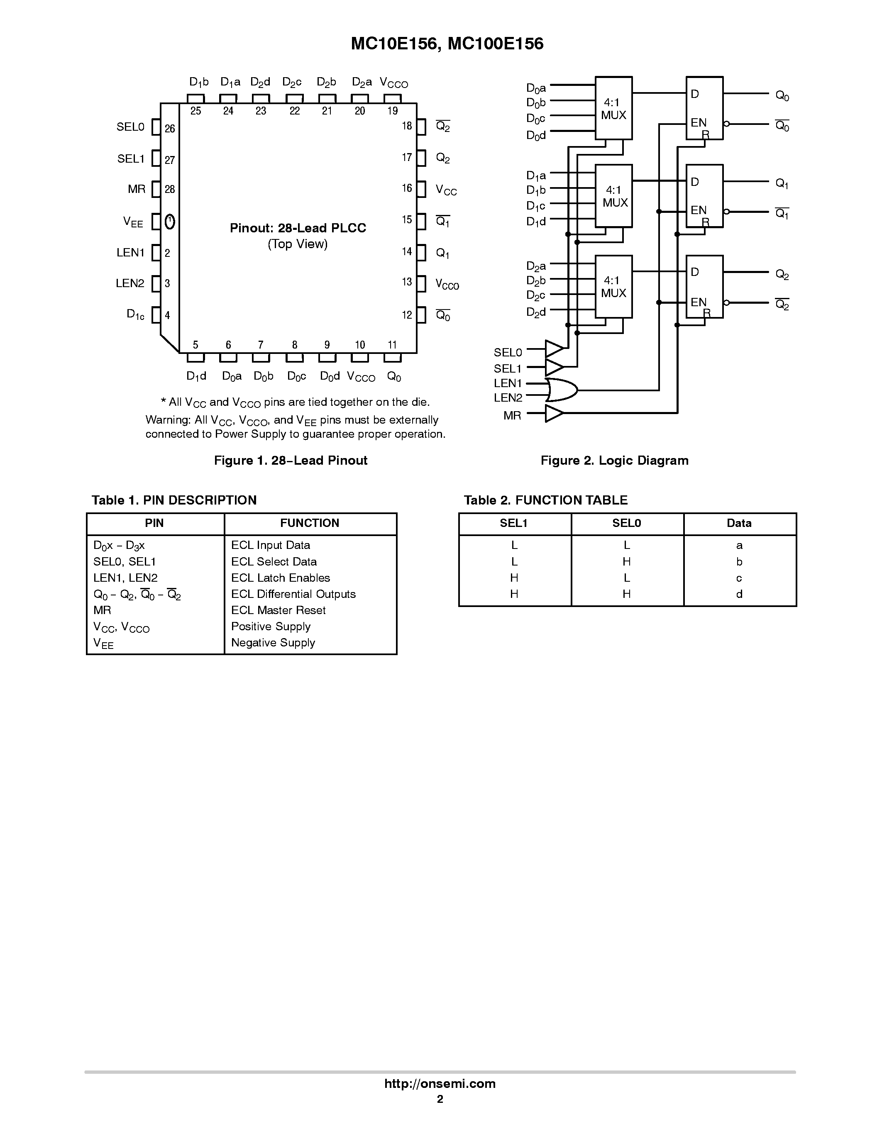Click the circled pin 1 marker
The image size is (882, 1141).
tap(170, 222)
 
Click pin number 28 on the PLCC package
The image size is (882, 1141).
tap(170, 190)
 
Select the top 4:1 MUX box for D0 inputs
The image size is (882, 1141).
tap(613, 108)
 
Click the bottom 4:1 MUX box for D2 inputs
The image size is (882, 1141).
tap(613, 286)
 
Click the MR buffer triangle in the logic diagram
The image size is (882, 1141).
tap(554, 414)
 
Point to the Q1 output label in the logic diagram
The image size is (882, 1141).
tap(782, 183)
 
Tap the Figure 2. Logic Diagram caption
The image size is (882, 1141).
tap(614, 460)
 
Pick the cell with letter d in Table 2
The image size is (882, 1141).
tap(739, 594)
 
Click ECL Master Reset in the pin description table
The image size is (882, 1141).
tap(278, 610)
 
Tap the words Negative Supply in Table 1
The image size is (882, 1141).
tap(273, 643)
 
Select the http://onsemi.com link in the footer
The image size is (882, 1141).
tap(440, 1083)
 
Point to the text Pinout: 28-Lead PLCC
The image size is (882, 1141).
tap(298, 228)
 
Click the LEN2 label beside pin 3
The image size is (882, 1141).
tap(129, 283)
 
